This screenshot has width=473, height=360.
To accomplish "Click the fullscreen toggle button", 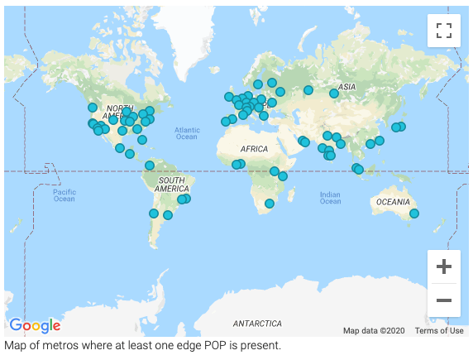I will (444, 31).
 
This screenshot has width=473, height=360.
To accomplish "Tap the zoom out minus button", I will (444, 300).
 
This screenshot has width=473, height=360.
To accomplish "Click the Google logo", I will (35, 325).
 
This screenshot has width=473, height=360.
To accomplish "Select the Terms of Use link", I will (439, 331).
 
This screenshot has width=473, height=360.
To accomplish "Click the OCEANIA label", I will (393, 202).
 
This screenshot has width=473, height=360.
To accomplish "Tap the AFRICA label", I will (253, 149).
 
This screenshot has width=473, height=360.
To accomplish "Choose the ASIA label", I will (347, 87).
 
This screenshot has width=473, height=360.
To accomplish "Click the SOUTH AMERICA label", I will (171, 185).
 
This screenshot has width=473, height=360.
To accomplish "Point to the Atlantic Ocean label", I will (187, 132).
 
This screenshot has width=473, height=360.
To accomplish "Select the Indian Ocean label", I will (330, 198).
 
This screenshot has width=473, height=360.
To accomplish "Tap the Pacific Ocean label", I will (64, 195).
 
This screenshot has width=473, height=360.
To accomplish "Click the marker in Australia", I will (414, 214).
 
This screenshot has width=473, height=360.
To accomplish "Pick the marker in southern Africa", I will (269, 204).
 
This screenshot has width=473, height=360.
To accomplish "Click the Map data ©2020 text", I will (374, 331).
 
